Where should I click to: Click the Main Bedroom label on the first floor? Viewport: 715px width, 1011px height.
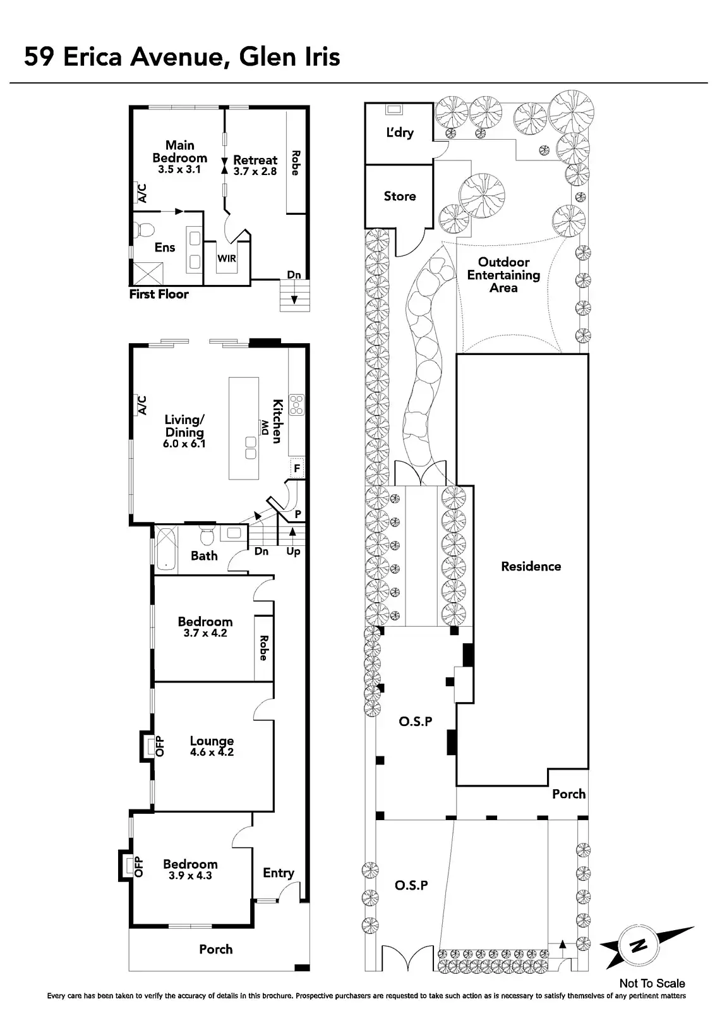tap(179, 152)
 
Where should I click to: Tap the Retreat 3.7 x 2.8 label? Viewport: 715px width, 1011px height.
tap(255, 166)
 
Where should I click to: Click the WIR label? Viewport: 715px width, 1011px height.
tap(227, 258)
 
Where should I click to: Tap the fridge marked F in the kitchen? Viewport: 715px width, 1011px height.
tap(296, 469)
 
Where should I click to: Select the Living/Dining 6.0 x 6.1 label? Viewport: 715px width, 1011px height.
tap(184, 432)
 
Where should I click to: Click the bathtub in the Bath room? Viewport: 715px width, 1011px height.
tap(165, 548)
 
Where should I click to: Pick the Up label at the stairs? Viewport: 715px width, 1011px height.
tap(293, 552)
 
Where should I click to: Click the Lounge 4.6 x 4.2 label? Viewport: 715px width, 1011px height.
tap(212, 746)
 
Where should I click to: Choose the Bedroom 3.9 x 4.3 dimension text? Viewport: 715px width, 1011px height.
tap(190, 876)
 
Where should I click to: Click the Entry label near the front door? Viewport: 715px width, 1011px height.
tap(279, 873)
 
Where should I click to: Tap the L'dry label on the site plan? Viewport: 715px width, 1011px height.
tap(399, 133)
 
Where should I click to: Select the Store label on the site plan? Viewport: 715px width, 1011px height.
tap(400, 197)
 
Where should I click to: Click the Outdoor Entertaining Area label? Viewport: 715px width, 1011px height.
tap(503, 275)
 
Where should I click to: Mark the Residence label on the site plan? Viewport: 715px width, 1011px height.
tap(531, 566)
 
